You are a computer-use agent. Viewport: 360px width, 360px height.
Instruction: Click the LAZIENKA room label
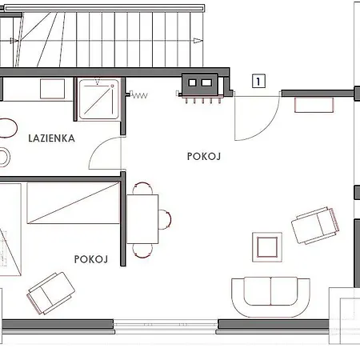51,138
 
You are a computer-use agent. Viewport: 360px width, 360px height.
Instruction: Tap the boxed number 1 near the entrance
258,81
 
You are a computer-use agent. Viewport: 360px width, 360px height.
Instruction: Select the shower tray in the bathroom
98,99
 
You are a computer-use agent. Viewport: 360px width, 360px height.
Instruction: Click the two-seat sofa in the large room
270,297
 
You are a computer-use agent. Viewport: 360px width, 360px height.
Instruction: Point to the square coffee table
267,247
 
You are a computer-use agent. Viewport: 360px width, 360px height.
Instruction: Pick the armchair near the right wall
315,226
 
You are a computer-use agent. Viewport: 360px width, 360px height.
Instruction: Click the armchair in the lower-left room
50,293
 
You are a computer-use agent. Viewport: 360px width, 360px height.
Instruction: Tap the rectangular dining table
142,219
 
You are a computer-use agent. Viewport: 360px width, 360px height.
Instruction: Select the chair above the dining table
142,188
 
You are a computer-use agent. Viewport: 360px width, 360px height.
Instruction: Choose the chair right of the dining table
165,219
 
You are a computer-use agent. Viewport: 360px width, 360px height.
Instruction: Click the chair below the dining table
142,250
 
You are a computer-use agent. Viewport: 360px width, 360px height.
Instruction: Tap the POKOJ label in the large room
204,156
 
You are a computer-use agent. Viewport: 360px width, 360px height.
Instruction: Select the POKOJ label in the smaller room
91,259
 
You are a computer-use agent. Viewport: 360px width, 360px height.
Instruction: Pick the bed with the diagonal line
74,202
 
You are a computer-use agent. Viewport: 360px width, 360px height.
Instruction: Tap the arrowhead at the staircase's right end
198,41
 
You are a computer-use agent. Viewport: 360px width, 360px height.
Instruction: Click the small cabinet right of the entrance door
314,105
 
